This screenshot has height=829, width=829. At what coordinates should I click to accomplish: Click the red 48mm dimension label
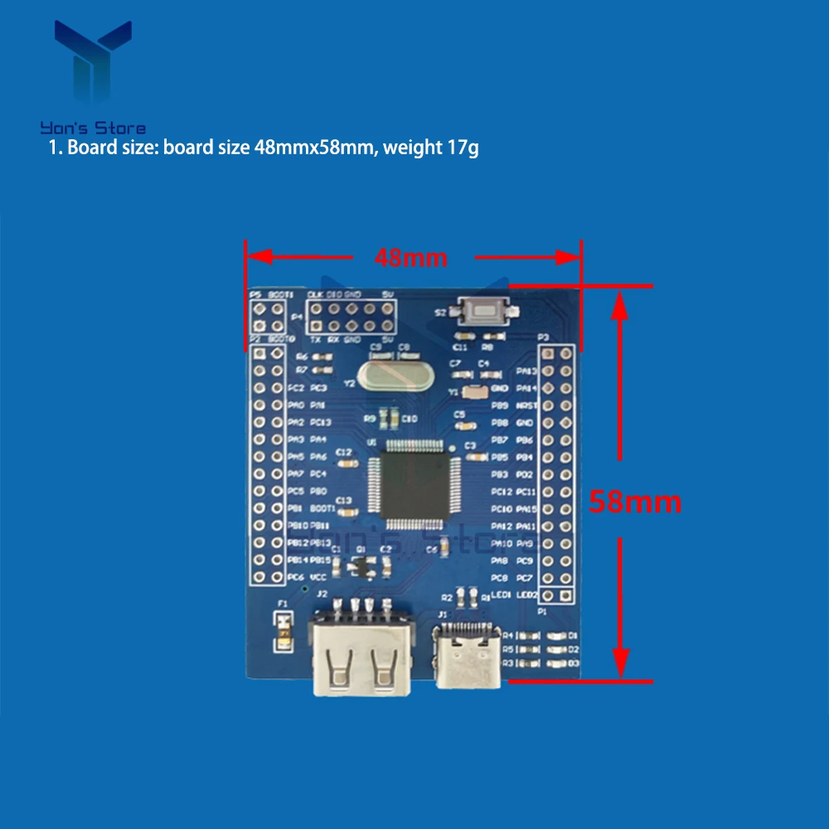(x=410, y=258)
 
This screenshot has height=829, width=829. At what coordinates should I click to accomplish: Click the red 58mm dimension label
(x=635, y=502)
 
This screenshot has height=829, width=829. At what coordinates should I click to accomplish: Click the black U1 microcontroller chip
(x=413, y=485)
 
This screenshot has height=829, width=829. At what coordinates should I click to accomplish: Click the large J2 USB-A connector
(x=358, y=655)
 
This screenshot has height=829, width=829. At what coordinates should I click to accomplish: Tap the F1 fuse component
(x=284, y=631)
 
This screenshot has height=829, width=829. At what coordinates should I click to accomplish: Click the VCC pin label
(x=318, y=577)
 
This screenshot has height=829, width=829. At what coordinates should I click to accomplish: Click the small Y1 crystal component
(x=473, y=392)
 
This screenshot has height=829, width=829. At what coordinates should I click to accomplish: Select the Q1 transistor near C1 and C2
(x=361, y=565)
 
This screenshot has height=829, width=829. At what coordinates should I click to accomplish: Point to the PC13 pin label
(x=320, y=423)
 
